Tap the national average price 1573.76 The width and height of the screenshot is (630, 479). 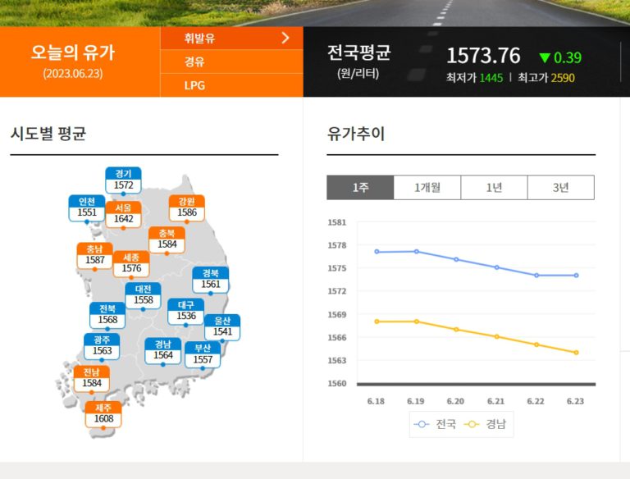tap(483, 56)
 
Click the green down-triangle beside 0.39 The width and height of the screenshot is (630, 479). tap(545, 57)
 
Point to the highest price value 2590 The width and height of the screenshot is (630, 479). tap(563, 78)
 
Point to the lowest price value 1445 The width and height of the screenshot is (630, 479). tap(491, 78)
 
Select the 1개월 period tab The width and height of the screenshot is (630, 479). tap(427, 187)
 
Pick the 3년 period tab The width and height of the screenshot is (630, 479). tap(560, 187)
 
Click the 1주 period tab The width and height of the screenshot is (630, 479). tap(360, 187)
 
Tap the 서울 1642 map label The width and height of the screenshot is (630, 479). tap(123, 213)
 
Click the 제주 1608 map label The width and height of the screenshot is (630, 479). tap(103, 413)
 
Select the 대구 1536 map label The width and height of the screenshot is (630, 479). tap(186, 310)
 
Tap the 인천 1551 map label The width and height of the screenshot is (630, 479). tap(86, 208)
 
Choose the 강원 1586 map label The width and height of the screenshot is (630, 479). tap(186, 208)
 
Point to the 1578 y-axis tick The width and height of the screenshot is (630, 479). tap(336, 245)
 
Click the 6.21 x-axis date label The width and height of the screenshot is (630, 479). tap(495, 401)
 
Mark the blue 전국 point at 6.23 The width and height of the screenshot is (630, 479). tap(577, 276)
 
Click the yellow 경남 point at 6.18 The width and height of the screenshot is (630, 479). tap(377, 322)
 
